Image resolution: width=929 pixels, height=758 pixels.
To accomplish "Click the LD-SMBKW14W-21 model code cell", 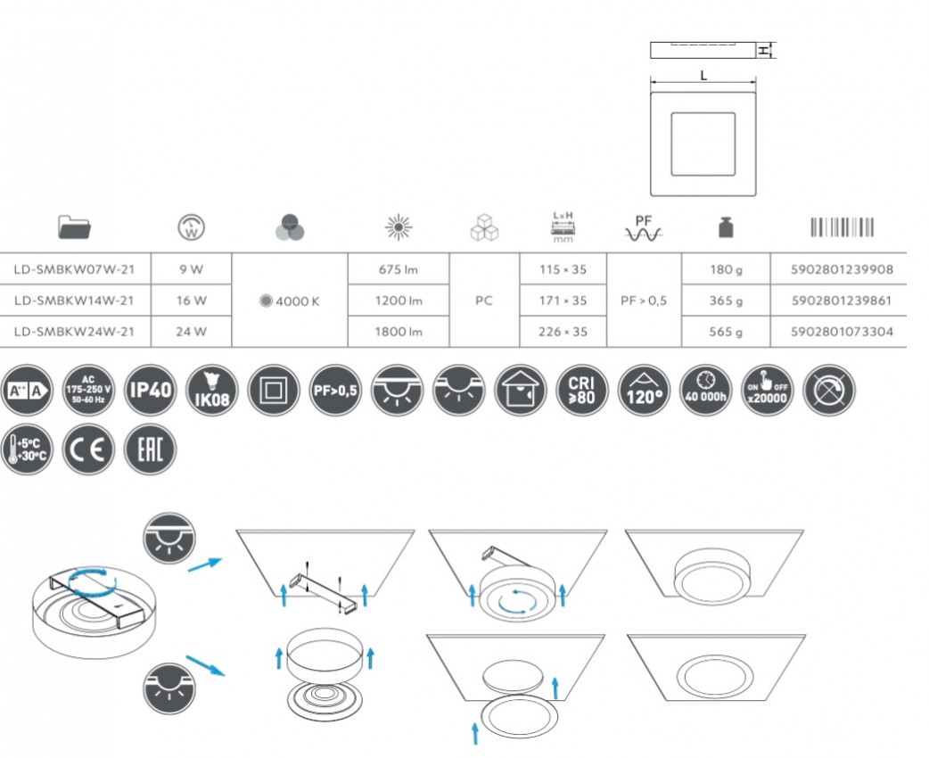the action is click(74, 301).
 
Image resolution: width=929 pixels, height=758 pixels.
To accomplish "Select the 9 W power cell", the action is click(192, 269).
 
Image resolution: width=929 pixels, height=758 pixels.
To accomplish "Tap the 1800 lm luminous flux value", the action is click(399, 332).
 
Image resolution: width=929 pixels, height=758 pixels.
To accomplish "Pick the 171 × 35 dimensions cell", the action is click(563, 301).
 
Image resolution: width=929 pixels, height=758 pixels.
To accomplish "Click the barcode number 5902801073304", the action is click(842, 332).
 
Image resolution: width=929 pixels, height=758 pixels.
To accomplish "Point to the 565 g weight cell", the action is click(726, 332).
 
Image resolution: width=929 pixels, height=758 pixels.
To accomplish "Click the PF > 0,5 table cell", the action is click(644, 301).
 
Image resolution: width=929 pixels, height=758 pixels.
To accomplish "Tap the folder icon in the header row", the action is click(75, 227).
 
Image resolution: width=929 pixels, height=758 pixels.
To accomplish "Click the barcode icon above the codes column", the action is click(842, 227).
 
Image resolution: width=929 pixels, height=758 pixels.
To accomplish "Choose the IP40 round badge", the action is click(151, 390).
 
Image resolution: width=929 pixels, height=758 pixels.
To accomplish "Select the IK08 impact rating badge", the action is click(212, 390).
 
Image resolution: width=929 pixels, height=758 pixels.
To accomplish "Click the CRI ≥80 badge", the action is click(582, 390).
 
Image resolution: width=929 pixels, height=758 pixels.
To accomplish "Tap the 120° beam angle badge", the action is click(644, 390).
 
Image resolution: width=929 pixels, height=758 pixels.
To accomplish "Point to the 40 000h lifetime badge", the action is click(705, 390).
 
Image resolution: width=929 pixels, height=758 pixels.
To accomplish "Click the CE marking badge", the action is click(88, 449).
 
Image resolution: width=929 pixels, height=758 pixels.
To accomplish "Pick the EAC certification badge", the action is click(151, 449).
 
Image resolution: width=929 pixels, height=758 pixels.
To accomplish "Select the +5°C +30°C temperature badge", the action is click(28, 449).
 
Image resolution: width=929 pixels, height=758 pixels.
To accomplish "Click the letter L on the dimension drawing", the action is click(703, 75).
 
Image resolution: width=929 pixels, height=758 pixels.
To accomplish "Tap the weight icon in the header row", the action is click(726, 227).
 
